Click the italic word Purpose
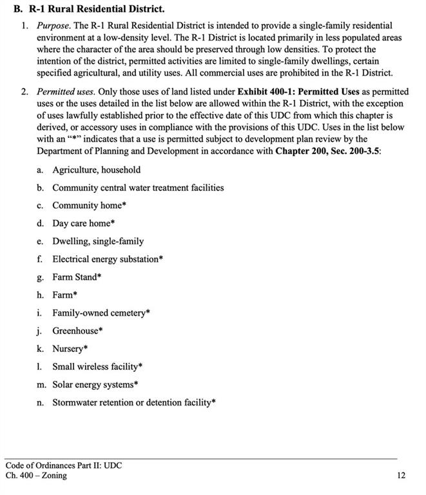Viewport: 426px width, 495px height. coord(53,25)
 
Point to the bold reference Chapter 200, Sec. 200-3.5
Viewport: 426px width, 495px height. coord(327,151)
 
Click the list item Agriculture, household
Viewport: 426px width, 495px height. coord(96,170)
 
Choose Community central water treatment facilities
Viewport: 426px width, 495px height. coord(138,188)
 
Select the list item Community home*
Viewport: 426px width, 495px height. coord(89,206)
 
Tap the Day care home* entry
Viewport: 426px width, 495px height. coord(83,223)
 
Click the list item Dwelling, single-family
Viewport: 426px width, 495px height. coord(98,241)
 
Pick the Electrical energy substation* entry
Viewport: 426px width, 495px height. coord(108,259)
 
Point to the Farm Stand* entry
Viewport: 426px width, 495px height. coord(77,277)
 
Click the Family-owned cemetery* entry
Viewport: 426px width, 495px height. coord(101,313)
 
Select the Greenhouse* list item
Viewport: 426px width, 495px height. coord(77,331)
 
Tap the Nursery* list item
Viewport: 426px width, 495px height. coord(70,349)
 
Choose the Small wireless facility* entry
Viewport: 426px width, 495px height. coord(97,367)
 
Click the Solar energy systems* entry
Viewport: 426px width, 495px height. coord(95,384)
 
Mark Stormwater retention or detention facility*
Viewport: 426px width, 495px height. coord(134,402)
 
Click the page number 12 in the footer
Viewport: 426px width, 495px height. coord(402,476)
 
